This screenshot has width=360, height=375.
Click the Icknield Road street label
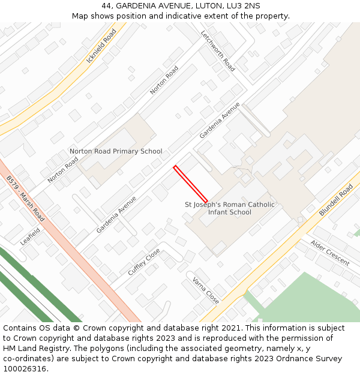tap(101, 46)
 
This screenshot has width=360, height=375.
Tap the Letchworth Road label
tap(217, 51)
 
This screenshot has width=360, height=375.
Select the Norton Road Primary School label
tap(116, 151)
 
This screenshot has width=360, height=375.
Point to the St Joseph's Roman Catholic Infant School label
tap(230, 208)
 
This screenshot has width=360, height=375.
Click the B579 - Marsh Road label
tap(26, 199)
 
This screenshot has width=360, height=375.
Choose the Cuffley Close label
tap(144, 262)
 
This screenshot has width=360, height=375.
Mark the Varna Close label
tap(205, 290)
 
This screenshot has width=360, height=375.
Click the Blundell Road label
tap(336, 200)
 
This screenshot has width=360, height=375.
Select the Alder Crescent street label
tap(330, 253)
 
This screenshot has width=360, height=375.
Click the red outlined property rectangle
tap(191, 184)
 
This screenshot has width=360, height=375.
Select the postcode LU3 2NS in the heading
tap(235, 6)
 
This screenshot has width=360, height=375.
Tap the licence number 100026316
tap(24, 369)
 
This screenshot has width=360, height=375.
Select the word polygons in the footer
tap(115, 349)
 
